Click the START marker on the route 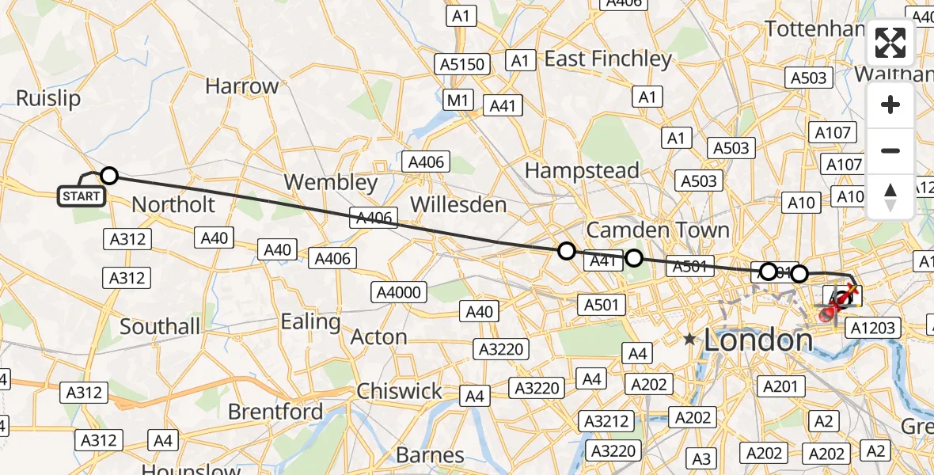[x=82, y=196]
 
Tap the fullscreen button [x=890, y=43]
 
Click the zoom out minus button [x=890, y=150]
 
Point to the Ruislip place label [x=48, y=98]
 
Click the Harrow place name [x=241, y=86]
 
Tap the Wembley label [x=331, y=182]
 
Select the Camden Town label [x=658, y=230]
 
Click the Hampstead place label [x=582, y=171]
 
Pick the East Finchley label [x=608, y=59]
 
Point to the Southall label [x=160, y=326]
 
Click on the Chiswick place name [x=400, y=391]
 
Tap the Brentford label [x=275, y=412]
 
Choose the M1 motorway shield [x=458, y=100]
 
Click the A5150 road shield [x=461, y=64]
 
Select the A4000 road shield [x=399, y=293]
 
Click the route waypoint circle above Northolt [x=109, y=175]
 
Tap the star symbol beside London [x=690, y=340]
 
